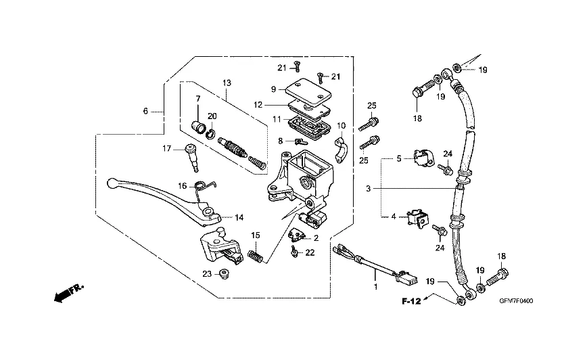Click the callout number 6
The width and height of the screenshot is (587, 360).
pyautogui.click(x=145, y=111)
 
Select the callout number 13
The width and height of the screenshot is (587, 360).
pyautogui.click(x=227, y=83)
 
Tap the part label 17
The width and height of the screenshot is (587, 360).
pyautogui.click(x=166, y=148)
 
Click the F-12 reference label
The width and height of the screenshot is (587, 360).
pyautogui.click(x=411, y=300)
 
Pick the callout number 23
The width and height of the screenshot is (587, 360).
pyautogui.click(x=206, y=273)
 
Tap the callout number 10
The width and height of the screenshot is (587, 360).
pyautogui.click(x=341, y=125)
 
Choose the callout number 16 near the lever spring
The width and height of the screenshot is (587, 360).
pyautogui.click(x=182, y=185)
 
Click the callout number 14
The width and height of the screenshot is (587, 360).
pyautogui.click(x=239, y=217)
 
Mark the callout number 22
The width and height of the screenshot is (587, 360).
pyautogui.click(x=310, y=252)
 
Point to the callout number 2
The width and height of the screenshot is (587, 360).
pyautogui.click(x=316, y=238)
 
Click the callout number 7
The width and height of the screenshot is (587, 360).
pyautogui.click(x=198, y=98)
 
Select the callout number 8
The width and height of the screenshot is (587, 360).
pyautogui.click(x=279, y=141)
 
